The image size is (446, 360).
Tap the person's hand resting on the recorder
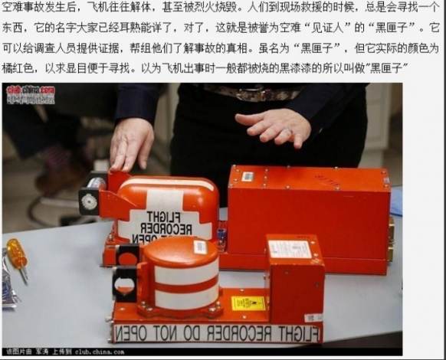pyautogui.click(x=131, y=141)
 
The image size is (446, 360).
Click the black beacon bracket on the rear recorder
pyautogui.click(x=90, y=201)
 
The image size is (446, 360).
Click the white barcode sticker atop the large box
pyautogui.click(x=248, y=176)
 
